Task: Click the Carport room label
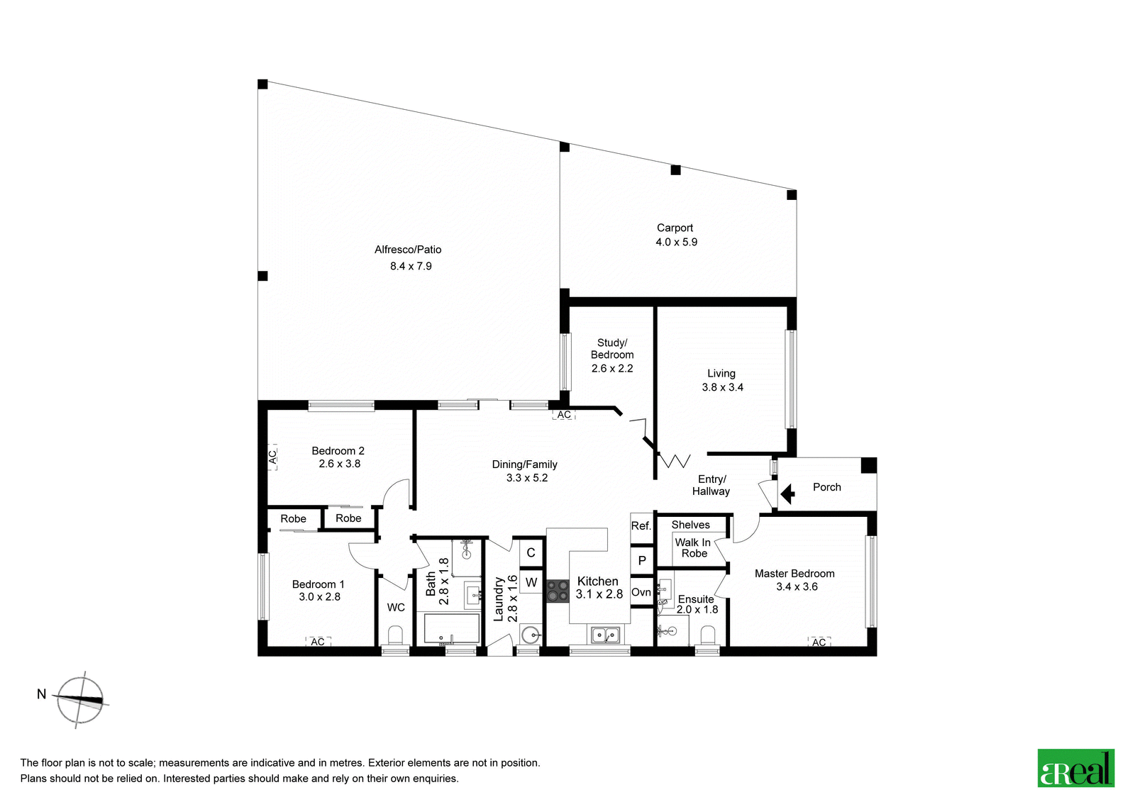coord(675,228)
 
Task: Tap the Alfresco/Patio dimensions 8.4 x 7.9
coord(411,266)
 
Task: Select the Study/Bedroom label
coord(612,349)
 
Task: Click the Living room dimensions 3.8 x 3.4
coord(723,387)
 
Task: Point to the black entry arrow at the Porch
coord(787,493)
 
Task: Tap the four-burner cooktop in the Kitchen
coord(558,591)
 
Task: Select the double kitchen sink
coord(606,635)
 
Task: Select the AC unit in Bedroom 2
coord(272,457)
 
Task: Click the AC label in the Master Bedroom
coord(819,642)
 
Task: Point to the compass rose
coord(80,700)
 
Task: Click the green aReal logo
coord(1075,767)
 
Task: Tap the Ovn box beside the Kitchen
coord(641,591)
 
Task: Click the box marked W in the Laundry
coord(531,582)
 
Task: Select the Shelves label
coord(691,525)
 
